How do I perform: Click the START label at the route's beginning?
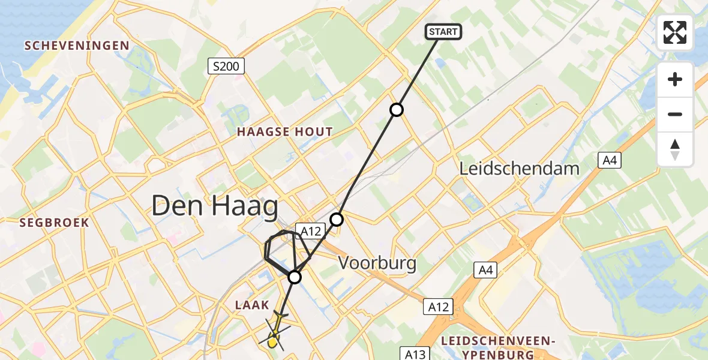[x=443, y=32]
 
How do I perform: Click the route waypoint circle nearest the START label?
[x=397, y=109]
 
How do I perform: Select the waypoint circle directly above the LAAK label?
[x=295, y=277]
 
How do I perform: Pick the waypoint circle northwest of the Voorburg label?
[x=337, y=220]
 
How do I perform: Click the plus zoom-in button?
[x=675, y=79]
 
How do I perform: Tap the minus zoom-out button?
[x=675, y=114]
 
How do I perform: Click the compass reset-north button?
[x=675, y=149]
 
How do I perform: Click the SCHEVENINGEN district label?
[x=76, y=46]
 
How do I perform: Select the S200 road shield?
[x=226, y=66]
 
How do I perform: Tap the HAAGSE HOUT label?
[x=284, y=132]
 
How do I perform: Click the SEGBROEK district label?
[x=54, y=223]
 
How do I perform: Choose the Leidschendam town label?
[x=520, y=169]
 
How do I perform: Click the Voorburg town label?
[x=377, y=262]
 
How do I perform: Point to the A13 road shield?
[x=415, y=354]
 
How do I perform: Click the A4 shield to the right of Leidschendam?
[x=610, y=160]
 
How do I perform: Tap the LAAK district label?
[x=251, y=305]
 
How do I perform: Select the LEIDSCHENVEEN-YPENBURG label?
[x=498, y=347]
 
